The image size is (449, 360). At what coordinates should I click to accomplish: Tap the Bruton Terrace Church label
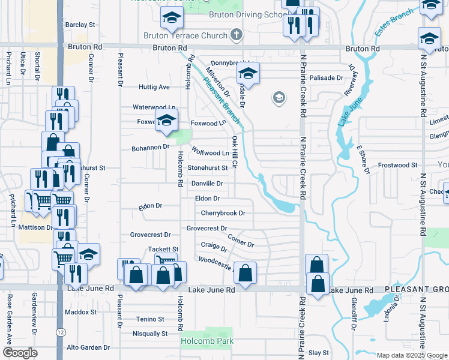click(185, 35)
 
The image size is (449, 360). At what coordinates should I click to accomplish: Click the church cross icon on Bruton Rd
click(237, 35)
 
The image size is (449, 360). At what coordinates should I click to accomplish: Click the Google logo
click(19, 353)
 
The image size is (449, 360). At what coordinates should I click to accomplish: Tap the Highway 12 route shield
click(61, 331)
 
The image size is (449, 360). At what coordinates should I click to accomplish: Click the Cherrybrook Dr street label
click(223, 213)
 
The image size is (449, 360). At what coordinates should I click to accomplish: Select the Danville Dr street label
click(207, 183)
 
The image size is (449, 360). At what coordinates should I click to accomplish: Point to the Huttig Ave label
click(154, 87)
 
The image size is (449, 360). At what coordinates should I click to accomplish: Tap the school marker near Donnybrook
click(247, 74)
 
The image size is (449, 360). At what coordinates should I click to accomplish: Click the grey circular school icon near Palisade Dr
click(279, 97)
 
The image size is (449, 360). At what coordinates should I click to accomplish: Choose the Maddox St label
click(81, 312)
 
